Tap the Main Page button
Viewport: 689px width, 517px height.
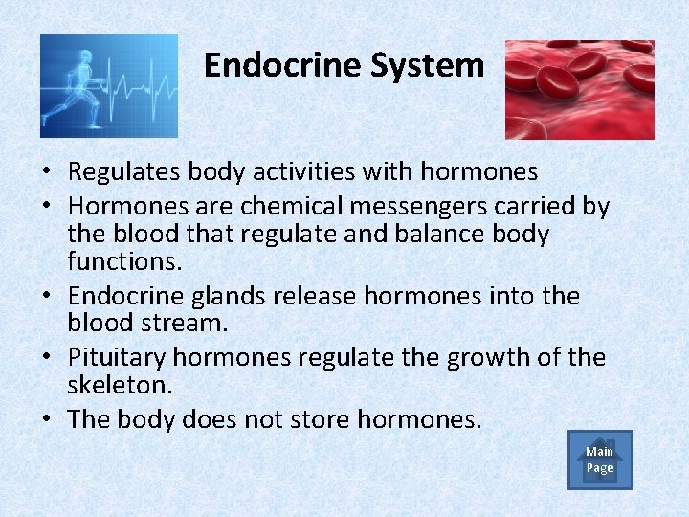[x=600, y=460]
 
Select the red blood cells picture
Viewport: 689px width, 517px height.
[x=579, y=89]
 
